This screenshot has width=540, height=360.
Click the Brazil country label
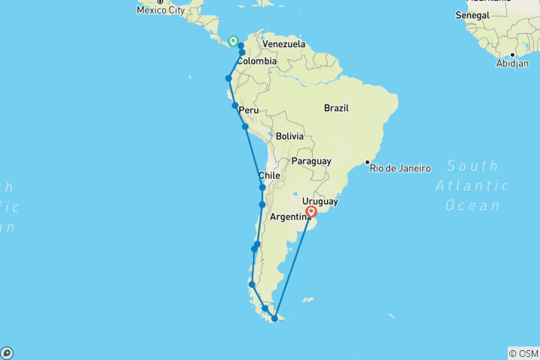coord(337,108)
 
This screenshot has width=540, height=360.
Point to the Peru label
coord(248,110)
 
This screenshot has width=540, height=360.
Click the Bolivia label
coord(289,136)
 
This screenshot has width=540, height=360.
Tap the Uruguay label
coord(320,202)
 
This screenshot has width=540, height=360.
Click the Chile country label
coord(269,175)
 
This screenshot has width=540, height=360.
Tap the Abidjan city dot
coord(512,54)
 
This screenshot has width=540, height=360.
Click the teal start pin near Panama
coord(233,41)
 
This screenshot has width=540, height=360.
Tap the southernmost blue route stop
coord(274,319)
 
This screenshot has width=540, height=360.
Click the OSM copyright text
coord(523,353)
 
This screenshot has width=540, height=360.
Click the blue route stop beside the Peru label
coord(235,106)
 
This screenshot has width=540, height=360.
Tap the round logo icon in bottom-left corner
coord(7,352)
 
